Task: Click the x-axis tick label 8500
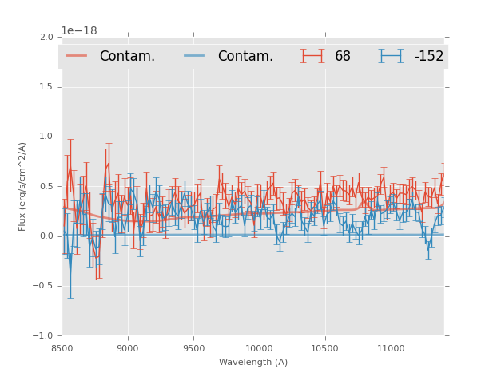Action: pyautogui.click(x=62, y=348)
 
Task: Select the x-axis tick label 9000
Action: pyautogui.click(x=128, y=348)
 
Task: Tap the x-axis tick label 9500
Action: pyautogui.click(x=193, y=348)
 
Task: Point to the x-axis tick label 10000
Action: pyautogui.click(x=259, y=348)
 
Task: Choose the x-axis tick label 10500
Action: pyautogui.click(x=325, y=348)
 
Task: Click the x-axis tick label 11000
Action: pyautogui.click(x=391, y=348)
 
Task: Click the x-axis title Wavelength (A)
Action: pyautogui.click(x=253, y=363)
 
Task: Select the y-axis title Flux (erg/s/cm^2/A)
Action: pyautogui.click(x=23, y=186)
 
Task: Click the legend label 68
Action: pyautogui.click(x=342, y=56)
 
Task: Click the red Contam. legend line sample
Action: pyautogui.click(x=77, y=56)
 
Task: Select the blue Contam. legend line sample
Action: pyautogui.click(x=195, y=56)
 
